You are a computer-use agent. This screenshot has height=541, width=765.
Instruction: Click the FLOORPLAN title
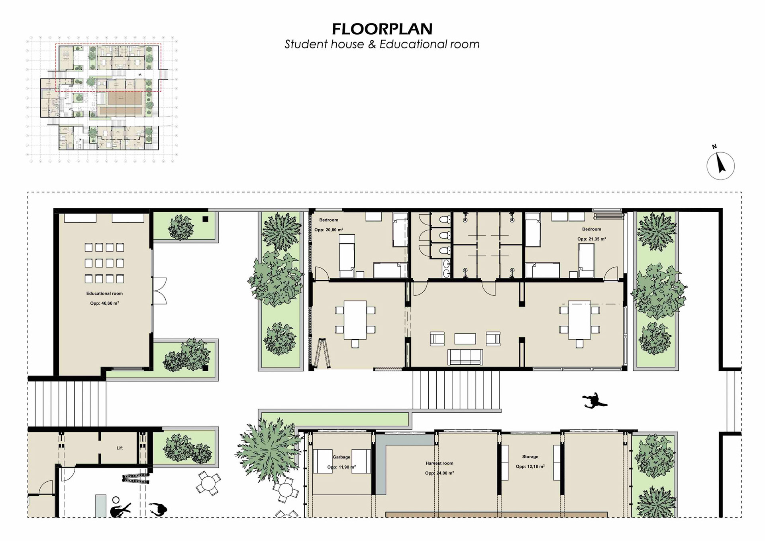[x=382, y=29]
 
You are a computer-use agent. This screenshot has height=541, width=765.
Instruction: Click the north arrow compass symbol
[x=720, y=165]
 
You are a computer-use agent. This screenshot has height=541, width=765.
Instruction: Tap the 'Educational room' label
[x=104, y=293]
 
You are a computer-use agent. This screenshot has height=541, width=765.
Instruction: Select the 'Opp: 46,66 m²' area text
[x=104, y=303]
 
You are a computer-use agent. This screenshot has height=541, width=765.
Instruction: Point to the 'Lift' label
[x=120, y=448]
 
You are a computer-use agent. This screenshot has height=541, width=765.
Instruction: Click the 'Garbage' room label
[x=341, y=457]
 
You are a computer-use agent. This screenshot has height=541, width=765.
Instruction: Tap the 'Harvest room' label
[x=439, y=463]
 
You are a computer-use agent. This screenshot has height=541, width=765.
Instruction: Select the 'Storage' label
[x=530, y=457]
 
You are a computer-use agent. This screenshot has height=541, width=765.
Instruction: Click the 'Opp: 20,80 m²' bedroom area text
[x=329, y=230]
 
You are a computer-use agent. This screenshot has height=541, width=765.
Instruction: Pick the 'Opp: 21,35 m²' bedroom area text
[x=592, y=239]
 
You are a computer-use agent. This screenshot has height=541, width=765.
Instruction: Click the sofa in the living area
[x=465, y=357]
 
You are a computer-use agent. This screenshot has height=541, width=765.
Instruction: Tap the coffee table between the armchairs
[x=465, y=339]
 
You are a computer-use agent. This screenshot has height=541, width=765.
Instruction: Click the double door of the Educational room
[x=159, y=291]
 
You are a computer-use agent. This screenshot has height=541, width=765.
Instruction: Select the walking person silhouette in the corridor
[x=594, y=401]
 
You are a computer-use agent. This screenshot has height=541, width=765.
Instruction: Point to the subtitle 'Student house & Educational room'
[x=382, y=44]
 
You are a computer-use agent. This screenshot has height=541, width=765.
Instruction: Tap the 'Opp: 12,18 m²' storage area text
[x=530, y=466]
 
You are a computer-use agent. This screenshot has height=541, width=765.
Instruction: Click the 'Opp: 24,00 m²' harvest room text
[x=439, y=473]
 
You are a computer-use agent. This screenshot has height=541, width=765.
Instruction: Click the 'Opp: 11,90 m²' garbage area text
[x=341, y=467]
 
